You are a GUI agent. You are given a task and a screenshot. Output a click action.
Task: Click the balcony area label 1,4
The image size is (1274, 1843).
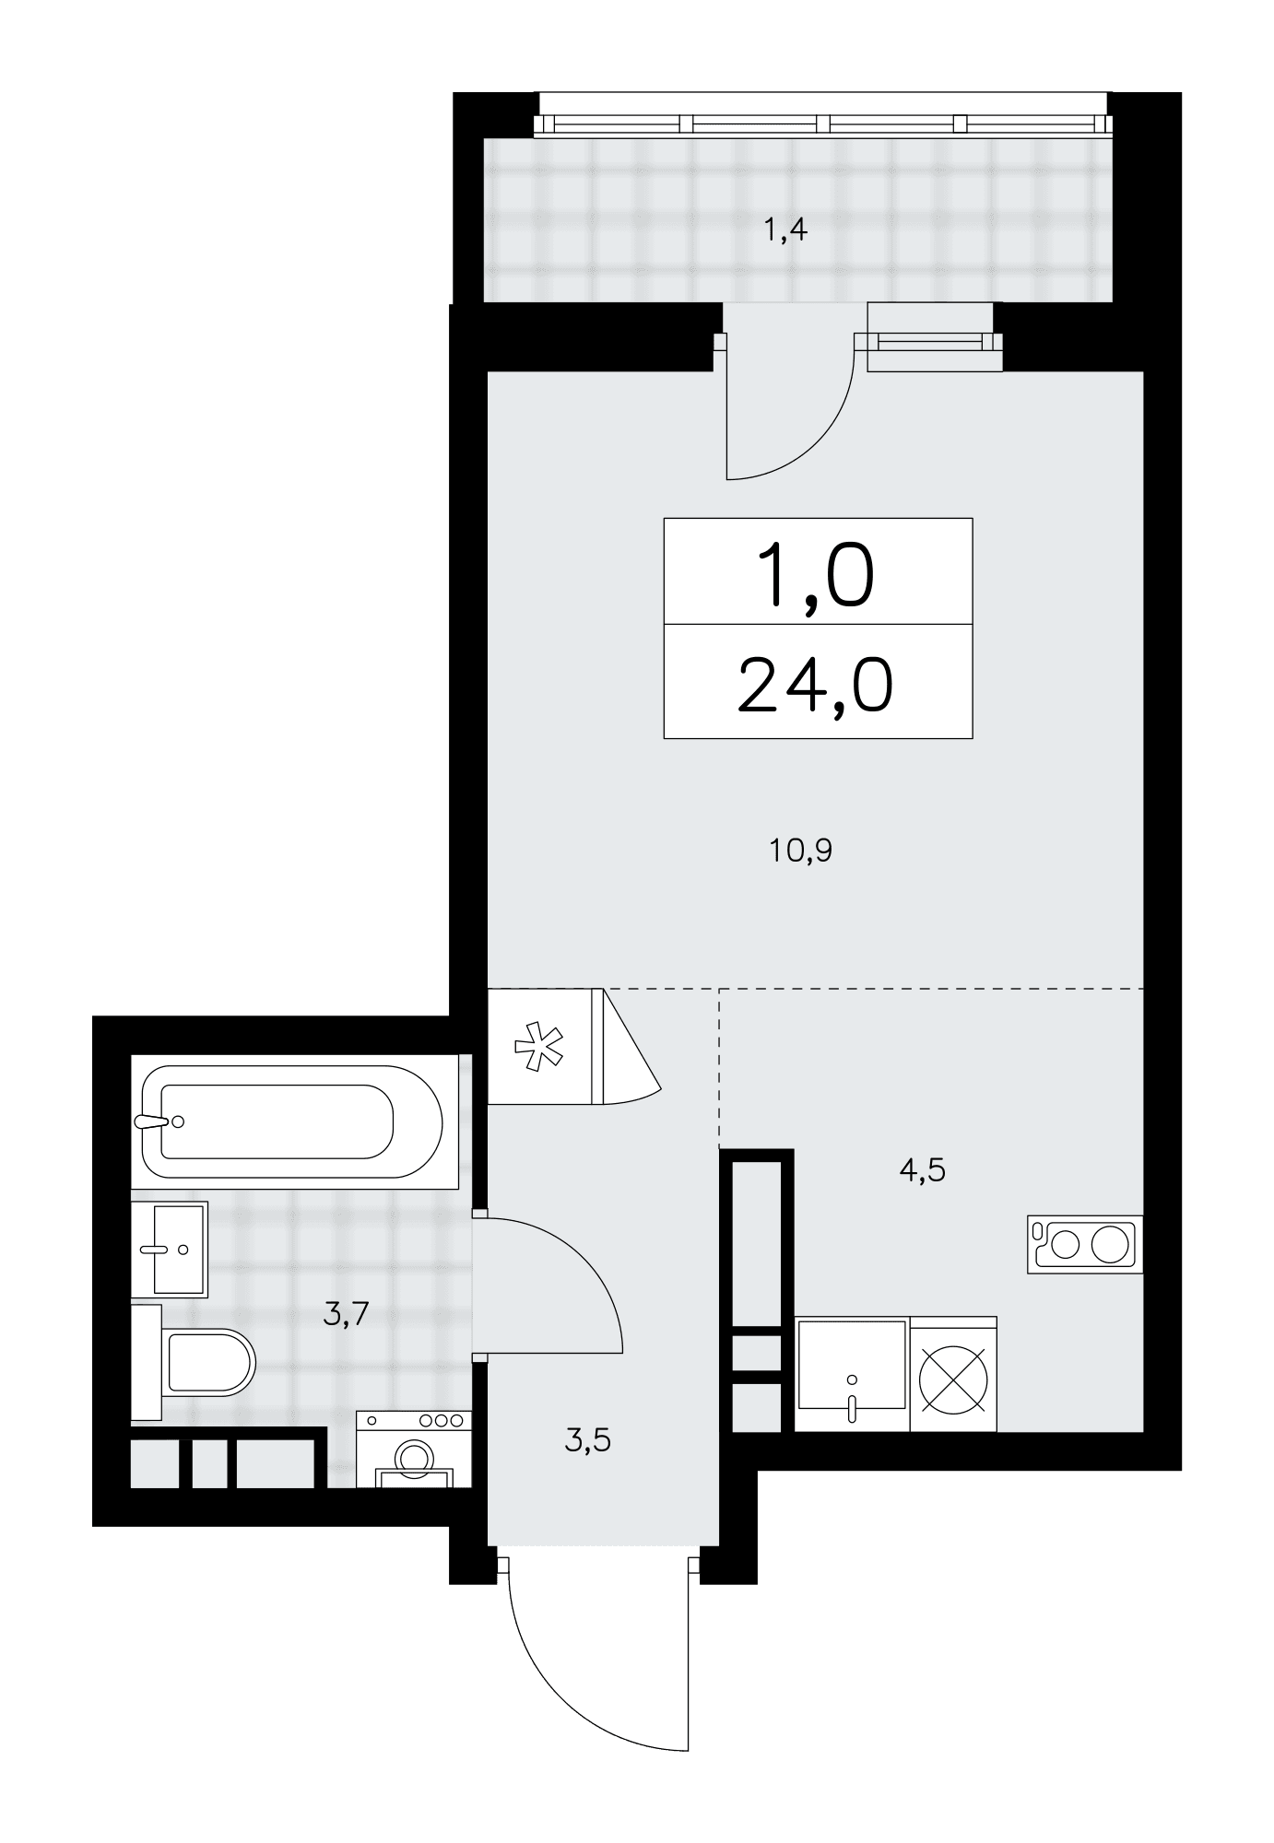pos(785,229)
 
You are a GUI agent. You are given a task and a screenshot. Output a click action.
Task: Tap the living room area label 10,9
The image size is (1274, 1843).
pos(801,850)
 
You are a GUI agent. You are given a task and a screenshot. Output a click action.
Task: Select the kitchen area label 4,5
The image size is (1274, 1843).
pos(922,1171)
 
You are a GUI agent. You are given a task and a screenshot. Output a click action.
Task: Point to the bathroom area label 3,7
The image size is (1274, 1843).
pos(346,1312)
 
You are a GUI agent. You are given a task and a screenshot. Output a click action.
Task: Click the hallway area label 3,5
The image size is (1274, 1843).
pos(587,1439)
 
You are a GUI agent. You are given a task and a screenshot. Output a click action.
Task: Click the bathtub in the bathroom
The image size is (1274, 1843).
pos(294,1122)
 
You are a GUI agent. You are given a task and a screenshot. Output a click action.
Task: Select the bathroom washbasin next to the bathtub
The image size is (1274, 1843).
pos(170,1249)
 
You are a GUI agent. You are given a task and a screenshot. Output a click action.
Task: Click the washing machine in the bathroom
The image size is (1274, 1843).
pos(414,1450)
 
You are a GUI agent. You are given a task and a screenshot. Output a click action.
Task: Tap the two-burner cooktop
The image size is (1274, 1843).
pos(1085,1245)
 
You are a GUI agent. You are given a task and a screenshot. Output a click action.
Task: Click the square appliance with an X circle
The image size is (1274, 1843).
pos(954,1374)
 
